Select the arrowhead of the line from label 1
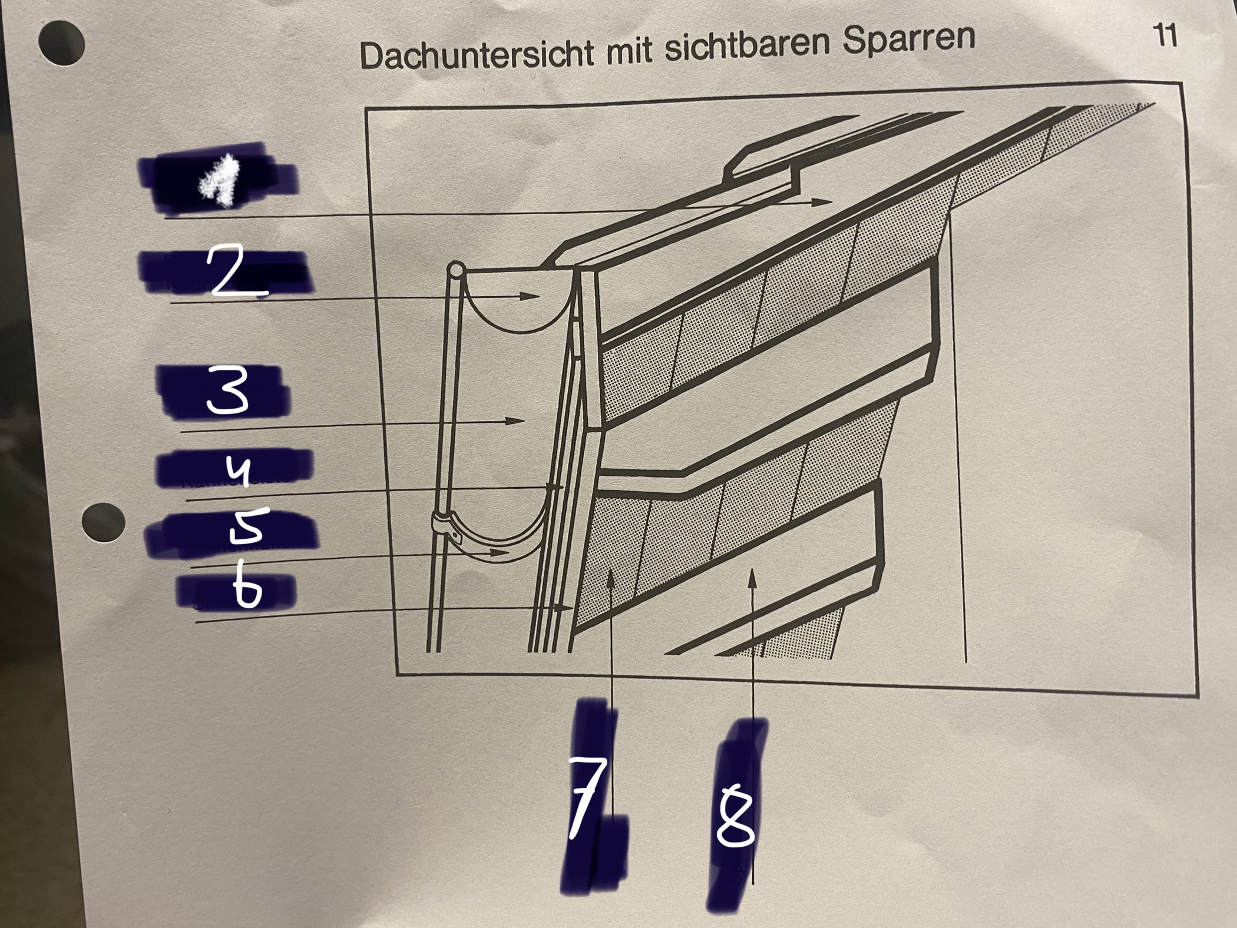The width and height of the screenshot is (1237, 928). click(x=825, y=202)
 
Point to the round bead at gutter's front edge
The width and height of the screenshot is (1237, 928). click(x=456, y=271)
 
